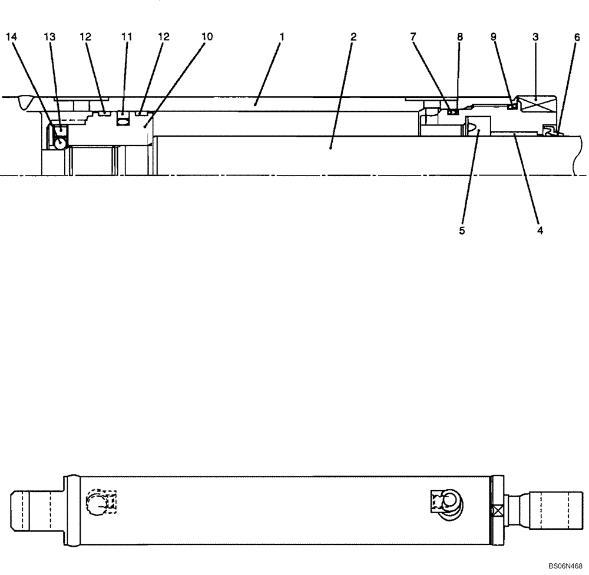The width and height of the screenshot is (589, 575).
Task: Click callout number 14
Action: pos(12,37)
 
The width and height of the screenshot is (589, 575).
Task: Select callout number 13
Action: pos(50,37)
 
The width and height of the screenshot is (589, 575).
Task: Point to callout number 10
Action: pos(207,37)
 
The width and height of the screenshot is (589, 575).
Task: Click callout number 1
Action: pos(282,37)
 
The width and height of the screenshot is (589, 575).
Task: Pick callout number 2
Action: pos(353,37)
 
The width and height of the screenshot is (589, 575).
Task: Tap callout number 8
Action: pos(460,37)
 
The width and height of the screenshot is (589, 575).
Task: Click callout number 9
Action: pos(494,37)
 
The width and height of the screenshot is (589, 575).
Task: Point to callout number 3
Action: pos(535,37)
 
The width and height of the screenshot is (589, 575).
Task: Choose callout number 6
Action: pos(577,37)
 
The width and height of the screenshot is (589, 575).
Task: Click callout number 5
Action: pos(462,231)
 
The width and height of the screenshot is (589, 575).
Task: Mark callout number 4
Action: pos(540,231)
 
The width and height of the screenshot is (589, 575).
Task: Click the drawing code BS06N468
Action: pos(565,567)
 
